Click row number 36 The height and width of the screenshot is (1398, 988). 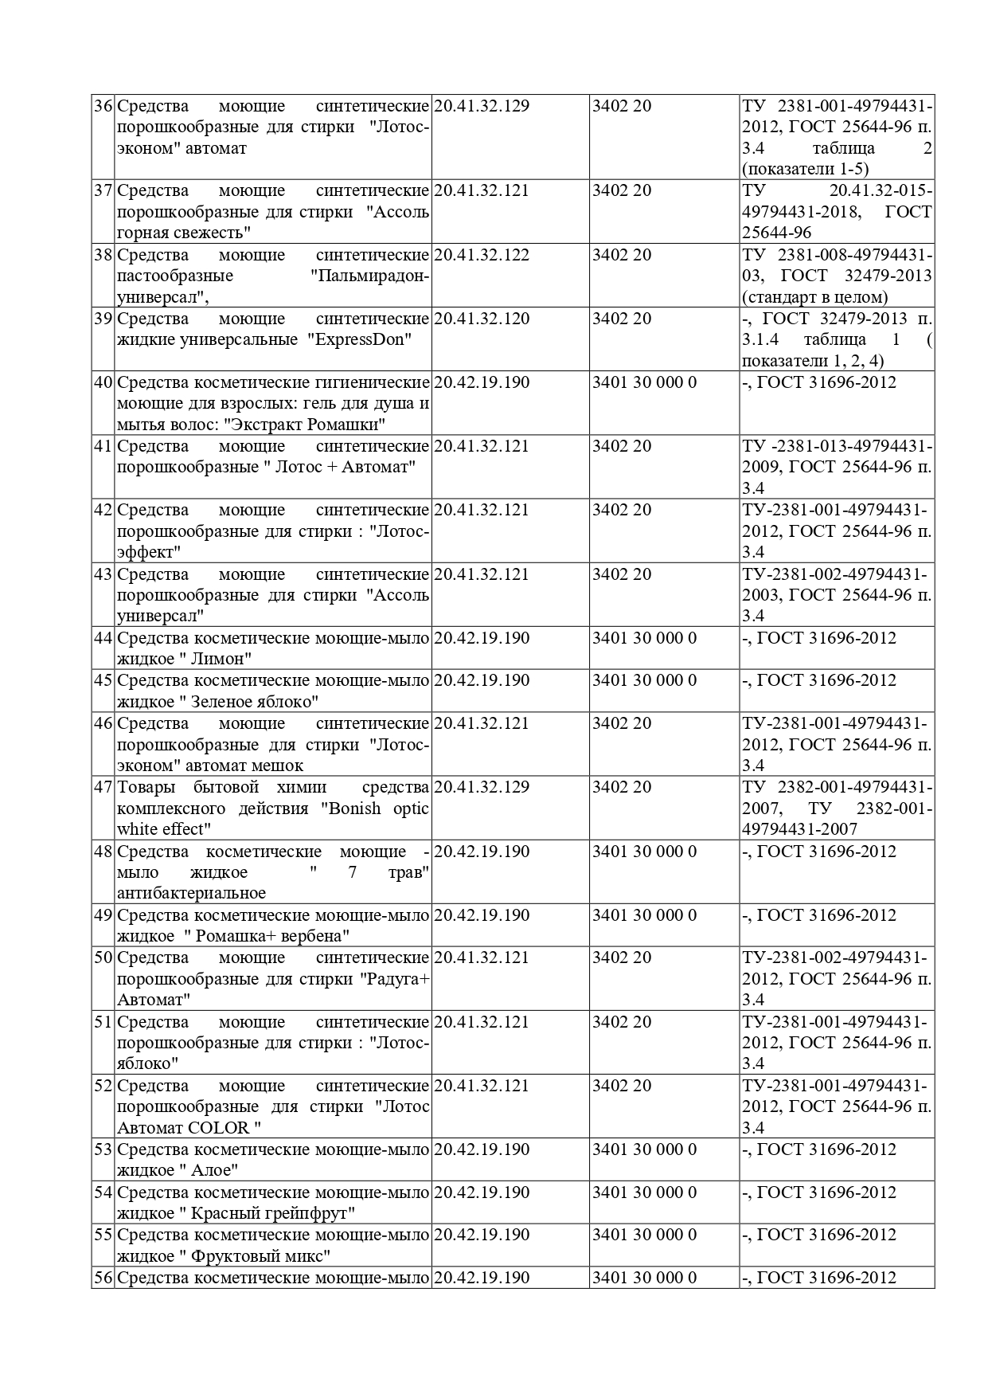tap(103, 106)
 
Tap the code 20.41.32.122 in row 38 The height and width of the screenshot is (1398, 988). tap(482, 255)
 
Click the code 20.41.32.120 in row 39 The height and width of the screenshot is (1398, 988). tap(482, 319)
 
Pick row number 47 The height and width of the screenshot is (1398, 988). tap(103, 787)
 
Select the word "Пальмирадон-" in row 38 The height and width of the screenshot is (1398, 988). tap(369, 276)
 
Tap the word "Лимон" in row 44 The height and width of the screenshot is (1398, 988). tap(221, 659)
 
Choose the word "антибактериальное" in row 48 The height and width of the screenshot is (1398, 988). tap(191, 893)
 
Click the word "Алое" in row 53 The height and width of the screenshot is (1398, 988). tap(213, 1170)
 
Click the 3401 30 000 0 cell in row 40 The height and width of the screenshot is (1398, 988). tap(644, 382)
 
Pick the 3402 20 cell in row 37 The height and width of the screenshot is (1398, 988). tap(621, 191)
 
